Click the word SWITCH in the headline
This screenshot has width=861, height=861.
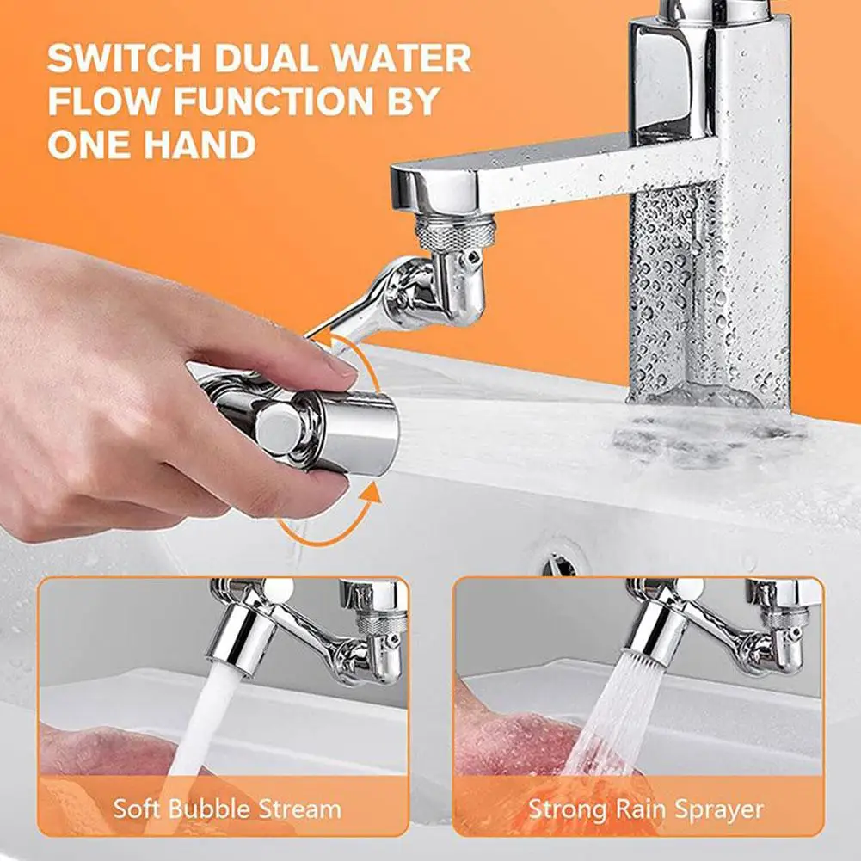pos(125,58)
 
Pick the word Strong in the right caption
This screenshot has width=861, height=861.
pos(567,809)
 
